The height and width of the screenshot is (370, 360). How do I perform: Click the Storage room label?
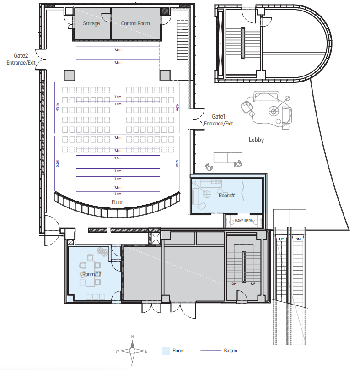point(91,23)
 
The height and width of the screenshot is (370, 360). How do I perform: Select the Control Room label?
point(135,23)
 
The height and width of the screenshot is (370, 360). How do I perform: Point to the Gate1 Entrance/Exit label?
point(218,120)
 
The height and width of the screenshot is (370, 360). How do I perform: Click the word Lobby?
point(256,140)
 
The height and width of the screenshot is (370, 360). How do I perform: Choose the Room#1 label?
point(227,196)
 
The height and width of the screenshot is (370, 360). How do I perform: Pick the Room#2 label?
point(91,274)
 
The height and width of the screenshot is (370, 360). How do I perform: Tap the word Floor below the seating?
point(117,202)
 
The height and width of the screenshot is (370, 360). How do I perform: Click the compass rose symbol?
point(132,351)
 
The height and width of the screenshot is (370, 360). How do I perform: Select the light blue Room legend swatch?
point(166,351)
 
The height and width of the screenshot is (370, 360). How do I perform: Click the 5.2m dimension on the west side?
point(57,163)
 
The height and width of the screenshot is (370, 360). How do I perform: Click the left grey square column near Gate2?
point(69,75)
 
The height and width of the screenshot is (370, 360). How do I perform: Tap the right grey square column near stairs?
point(164,75)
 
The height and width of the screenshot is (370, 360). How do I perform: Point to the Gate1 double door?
point(197,120)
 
